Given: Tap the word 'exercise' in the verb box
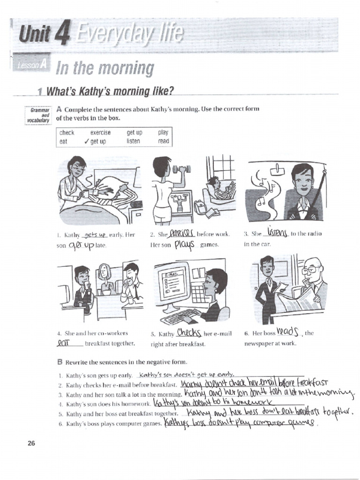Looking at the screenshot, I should pos(100,133).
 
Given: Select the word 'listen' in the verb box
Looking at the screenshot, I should pos(133,141).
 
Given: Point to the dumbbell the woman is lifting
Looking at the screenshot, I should pos(179,169).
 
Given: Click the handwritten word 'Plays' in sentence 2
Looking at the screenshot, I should pos(184,244).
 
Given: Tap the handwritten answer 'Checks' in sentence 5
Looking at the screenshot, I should pos(189,333).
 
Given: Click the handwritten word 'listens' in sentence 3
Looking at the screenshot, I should pos(277,232).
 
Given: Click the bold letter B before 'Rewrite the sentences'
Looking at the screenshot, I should pos(60,362).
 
